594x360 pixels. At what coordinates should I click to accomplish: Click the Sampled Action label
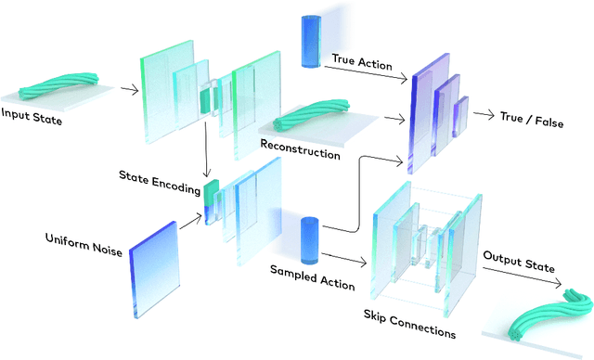312,277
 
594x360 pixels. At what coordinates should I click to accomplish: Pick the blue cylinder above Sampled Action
310,238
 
